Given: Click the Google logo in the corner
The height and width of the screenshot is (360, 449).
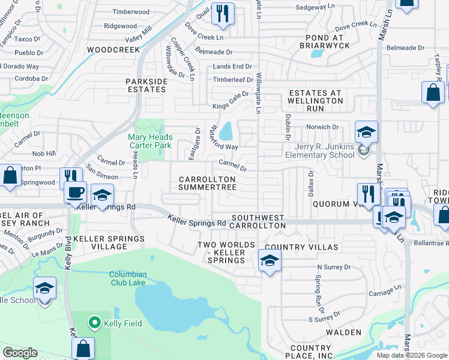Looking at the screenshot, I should pyautogui.click(x=20, y=353).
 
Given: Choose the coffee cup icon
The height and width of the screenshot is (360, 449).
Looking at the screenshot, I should pyautogui.click(x=76, y=193).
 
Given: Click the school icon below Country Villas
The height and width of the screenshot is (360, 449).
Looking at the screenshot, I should pyautogui.click(x=270, y=261).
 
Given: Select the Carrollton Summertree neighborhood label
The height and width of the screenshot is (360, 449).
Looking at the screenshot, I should pyautogui.click(x=207, y=184).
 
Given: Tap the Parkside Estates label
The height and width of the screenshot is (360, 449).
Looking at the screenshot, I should pyautogui.click(x=145, y=85).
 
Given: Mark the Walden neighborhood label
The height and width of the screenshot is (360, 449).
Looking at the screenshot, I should pyautogui.click(x=343, y=332).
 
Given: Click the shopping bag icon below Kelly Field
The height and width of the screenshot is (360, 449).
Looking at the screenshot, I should pyautogui.click(x=83, y=349).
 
